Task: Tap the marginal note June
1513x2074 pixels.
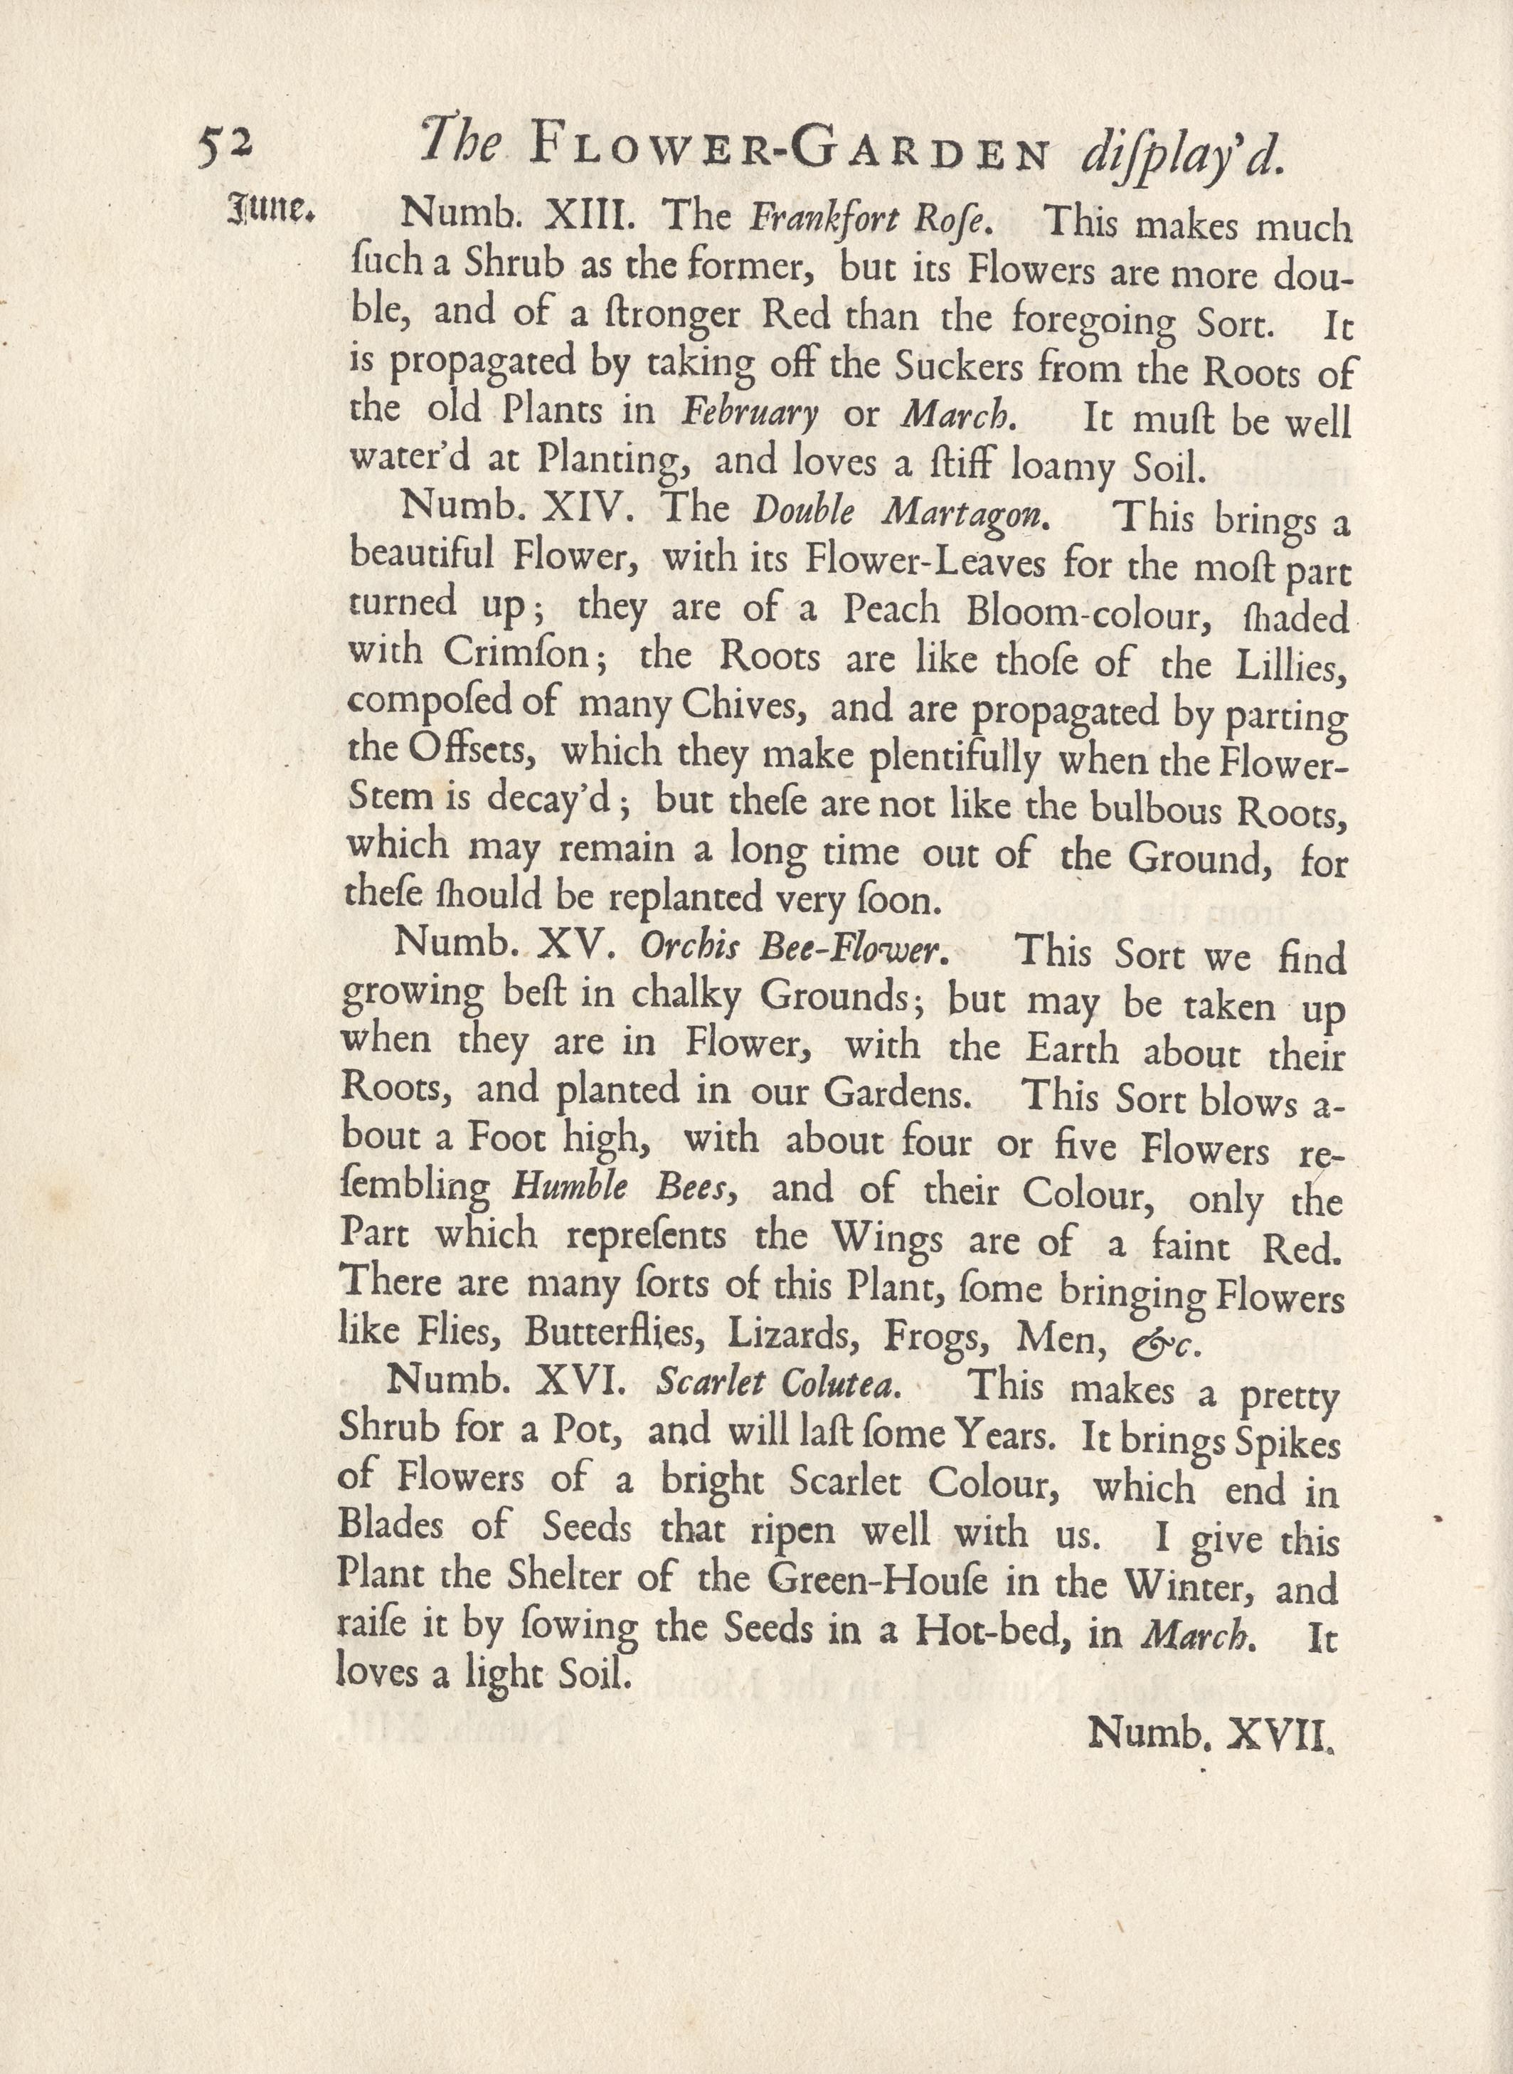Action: click(270, 211)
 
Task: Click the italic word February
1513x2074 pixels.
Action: click(750, 413)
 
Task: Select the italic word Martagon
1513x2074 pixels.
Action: click(965, 515)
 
